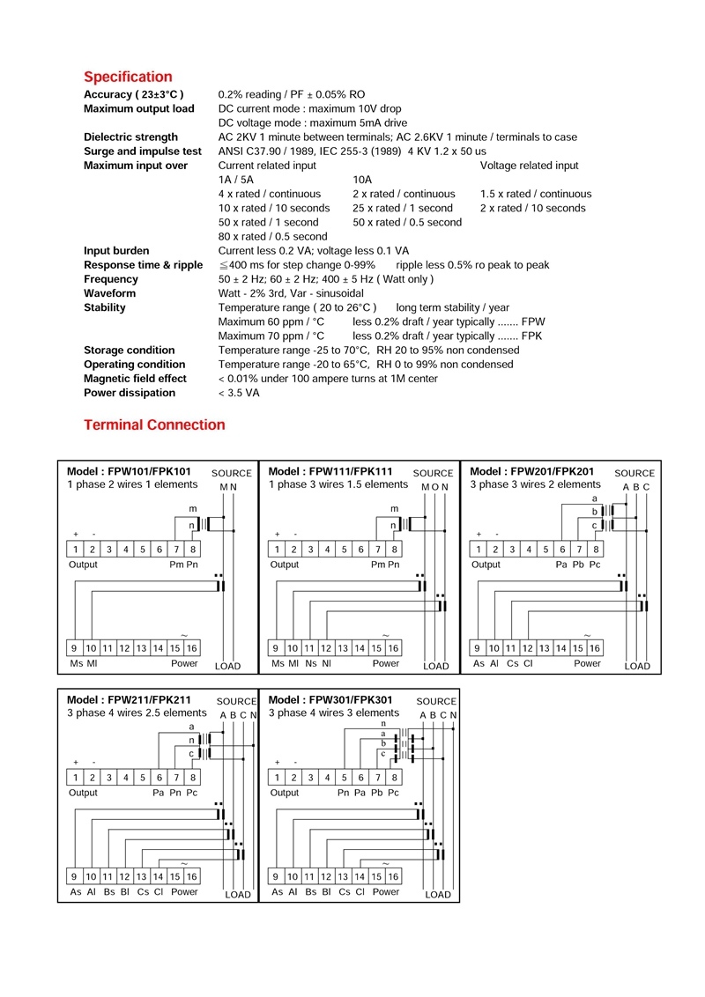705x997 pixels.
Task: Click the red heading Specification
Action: (128, 77)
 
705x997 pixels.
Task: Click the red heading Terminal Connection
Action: (154, 425)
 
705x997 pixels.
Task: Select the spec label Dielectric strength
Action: (130, 137)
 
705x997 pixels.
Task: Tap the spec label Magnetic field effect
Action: (135, 379)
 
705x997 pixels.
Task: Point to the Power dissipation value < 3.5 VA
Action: (239, 393)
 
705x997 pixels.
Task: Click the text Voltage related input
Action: (529, 166)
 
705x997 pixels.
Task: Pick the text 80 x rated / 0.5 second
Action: (272, 236)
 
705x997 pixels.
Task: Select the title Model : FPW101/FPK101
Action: (129, 472)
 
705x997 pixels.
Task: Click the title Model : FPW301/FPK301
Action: (330, 700)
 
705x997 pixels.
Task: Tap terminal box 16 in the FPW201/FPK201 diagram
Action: (596, 648)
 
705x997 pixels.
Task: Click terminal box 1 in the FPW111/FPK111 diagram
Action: (277, 550)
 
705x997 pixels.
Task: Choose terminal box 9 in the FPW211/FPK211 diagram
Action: (75, 876)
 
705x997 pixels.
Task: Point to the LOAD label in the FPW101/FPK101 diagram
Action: (227, 667)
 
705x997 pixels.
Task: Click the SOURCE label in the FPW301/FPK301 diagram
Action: (436, 702)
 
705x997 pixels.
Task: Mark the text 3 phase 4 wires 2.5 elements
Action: (137, 713)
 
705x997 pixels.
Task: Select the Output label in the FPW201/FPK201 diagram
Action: (486, 565)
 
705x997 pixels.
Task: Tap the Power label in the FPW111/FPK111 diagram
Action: (385, 664)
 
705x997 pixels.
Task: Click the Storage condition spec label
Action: (129, 351)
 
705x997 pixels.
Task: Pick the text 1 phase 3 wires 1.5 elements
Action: (338, 484)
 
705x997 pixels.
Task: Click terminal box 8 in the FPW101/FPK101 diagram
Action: (193, 550)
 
